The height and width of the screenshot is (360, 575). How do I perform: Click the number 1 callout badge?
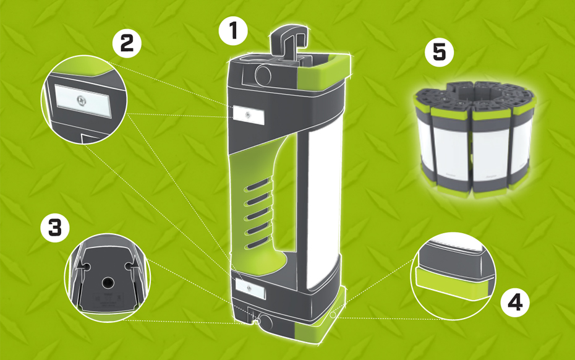coord(233,31)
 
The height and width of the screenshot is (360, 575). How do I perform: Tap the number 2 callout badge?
coord(127,43)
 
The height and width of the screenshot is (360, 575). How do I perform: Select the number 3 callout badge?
coord(55,228)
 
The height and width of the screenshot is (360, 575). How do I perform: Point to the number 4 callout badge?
coord(515,302)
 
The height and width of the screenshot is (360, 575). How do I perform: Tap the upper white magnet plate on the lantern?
coord(249,115)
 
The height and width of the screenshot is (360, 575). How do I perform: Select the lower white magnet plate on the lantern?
coord(250,288)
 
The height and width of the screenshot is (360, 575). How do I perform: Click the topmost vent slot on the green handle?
coord(258,185)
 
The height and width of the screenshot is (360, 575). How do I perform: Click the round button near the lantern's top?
coord(263,76)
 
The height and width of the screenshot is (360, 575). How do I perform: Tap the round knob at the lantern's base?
coord(264,322)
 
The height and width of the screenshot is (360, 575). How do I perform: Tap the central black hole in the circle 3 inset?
coord(108,283)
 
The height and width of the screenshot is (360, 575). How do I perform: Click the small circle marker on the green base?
coord(333,315)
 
